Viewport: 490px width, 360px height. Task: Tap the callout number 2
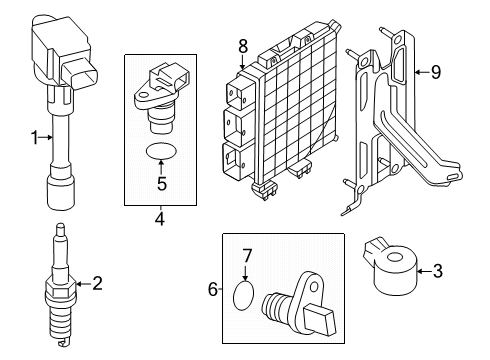pos(97,283)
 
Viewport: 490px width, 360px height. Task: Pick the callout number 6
pos(212,289)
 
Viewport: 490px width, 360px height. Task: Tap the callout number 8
pos(242,44)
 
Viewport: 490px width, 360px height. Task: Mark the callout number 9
pos(435,71)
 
